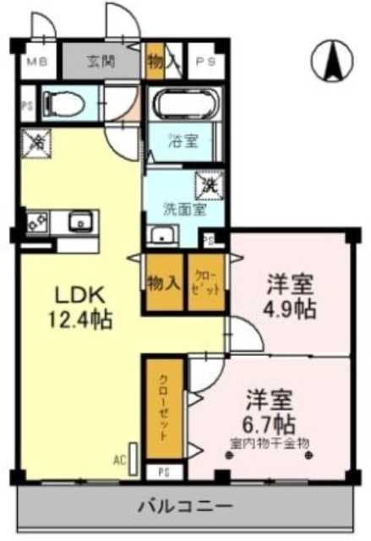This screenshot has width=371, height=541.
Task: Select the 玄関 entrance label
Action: click(x=99, y=61)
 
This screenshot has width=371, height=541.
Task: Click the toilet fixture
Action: click(x=62, y=103)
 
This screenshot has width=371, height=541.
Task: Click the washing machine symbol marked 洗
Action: click(x=206, y=183)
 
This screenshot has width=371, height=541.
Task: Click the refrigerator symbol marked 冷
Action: click(x=37, y=143)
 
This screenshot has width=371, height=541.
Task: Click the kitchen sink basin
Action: click(x=82, y=222)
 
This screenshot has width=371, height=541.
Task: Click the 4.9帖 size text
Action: click(x=290, y=309)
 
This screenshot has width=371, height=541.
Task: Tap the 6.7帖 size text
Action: click(x=270, y=420)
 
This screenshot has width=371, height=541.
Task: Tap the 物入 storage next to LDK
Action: click(x=163, y=282)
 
